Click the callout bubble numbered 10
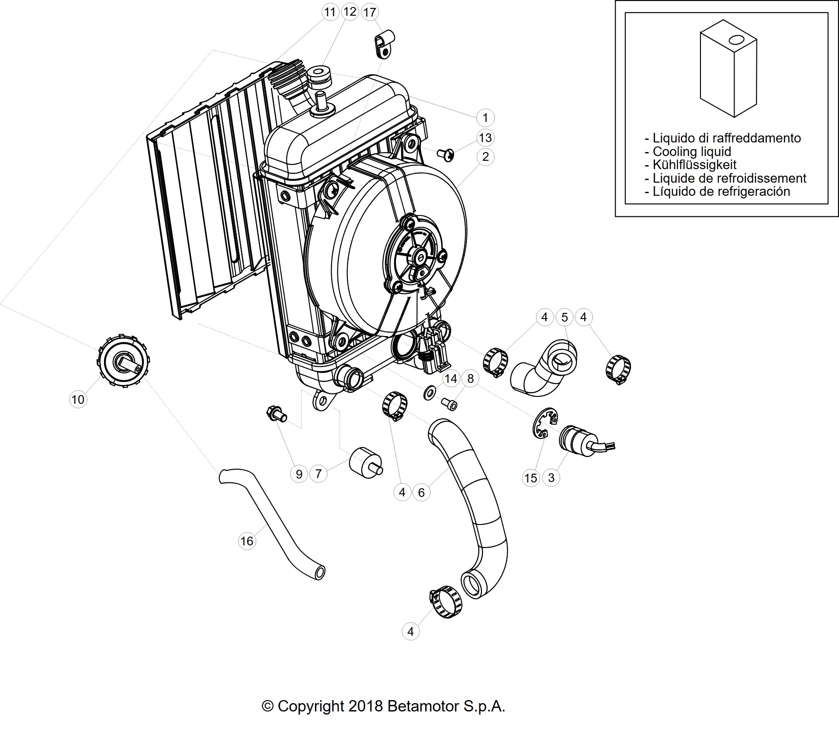point(78,399)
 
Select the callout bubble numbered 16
point(246,541)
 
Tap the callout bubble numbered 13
point(485,138)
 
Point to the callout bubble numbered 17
point(370,12)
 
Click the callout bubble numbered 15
point(530,478)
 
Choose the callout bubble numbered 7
point(318,473)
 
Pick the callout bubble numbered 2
point(485,157)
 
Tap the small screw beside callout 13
point(446,154)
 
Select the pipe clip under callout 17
point(383,44)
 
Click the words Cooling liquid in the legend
point(692,152)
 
